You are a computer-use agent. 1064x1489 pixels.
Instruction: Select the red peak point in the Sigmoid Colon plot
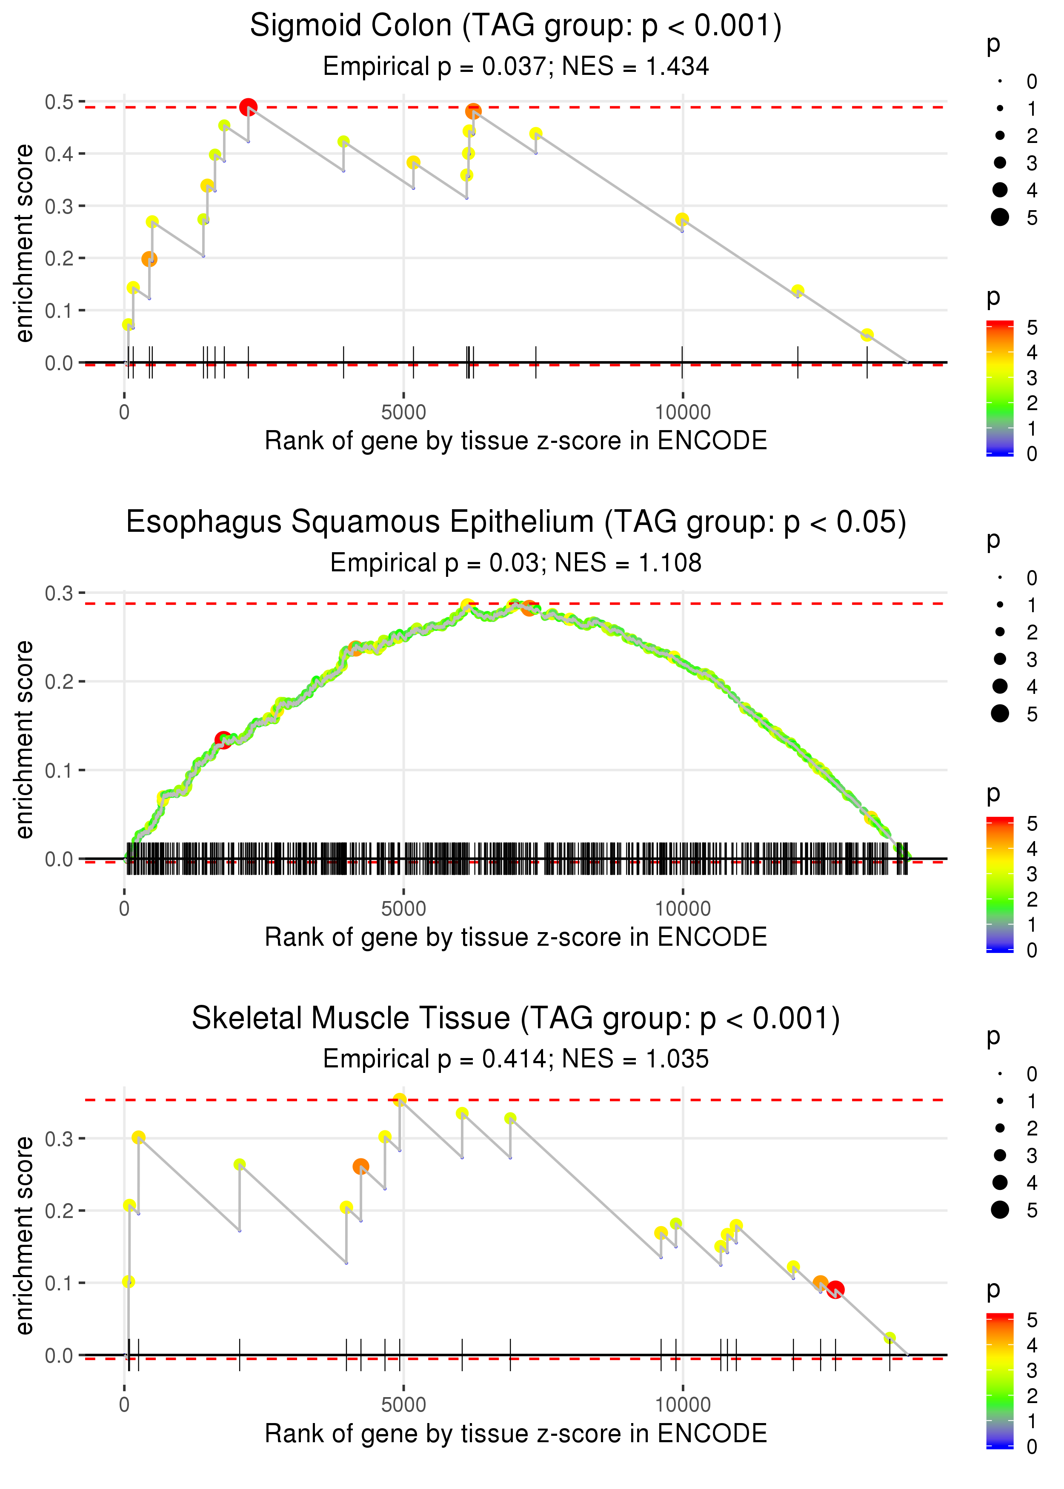[x=248, y=107]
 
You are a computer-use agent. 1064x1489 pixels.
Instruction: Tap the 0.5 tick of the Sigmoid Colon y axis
[x=59, y=102]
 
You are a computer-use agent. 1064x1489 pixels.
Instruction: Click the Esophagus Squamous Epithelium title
[x=516, y=522]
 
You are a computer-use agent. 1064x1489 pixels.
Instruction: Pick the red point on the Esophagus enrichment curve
[x=223, y=740]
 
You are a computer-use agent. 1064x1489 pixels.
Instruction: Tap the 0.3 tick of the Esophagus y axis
[x=59, y=593]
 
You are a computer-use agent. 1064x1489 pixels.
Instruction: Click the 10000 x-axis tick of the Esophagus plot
[x=683, y=908]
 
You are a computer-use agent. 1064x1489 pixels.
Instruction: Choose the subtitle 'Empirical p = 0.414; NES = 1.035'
[x=516, y=1059]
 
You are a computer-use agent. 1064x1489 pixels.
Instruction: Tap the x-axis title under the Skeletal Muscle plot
[x=516, y=1433]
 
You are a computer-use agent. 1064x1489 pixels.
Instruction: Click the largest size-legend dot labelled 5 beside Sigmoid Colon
[x=1000, y=217]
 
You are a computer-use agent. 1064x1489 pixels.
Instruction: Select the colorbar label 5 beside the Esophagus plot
[x=1032, y=823]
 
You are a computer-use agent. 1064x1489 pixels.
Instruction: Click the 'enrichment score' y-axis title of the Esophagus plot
[x=25, y=739]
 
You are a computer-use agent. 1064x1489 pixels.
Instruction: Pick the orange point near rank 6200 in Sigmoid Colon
[x=473, y=111]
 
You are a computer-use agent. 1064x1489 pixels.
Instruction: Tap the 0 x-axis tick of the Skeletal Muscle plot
[x=124, y=1404]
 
